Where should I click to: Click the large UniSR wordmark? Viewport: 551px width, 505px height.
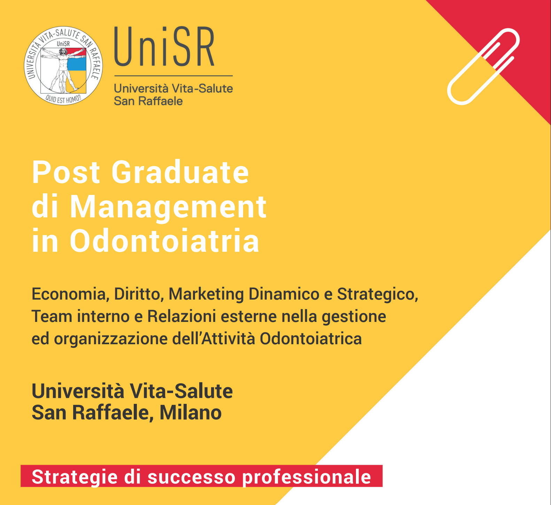pos(164,47)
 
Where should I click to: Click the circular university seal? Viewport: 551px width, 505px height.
pos(63,66)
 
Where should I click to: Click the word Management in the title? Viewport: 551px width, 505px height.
pos(168,207)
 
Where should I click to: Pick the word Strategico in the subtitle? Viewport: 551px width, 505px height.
pos(378,295)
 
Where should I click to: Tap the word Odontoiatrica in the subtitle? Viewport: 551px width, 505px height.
pos(311,339)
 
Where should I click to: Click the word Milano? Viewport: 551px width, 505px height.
pos(191,413)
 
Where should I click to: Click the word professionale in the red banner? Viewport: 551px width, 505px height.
pos(306,477)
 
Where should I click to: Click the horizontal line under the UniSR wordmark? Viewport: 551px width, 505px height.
pos(173,76)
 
